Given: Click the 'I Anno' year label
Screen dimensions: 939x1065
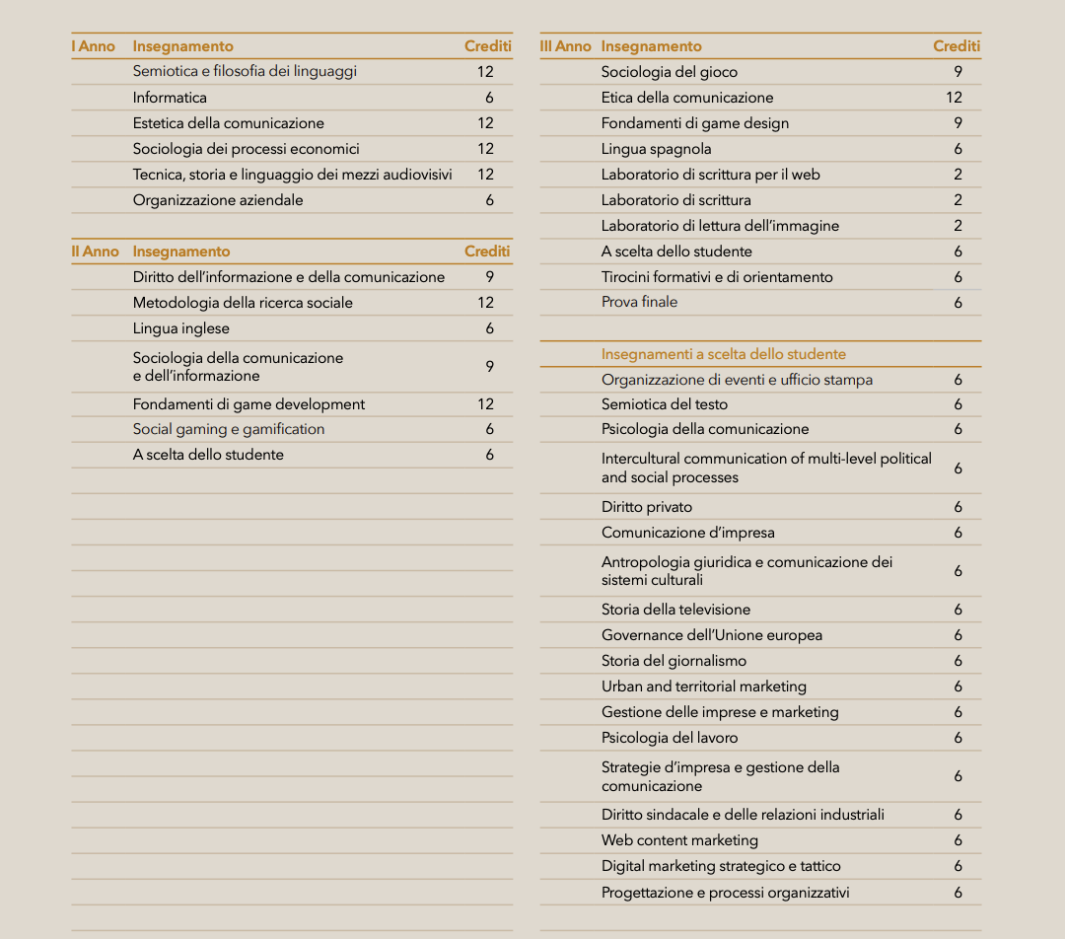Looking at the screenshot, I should (x=93, y=46).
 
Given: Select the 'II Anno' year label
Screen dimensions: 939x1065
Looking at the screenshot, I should (x=95, y=252).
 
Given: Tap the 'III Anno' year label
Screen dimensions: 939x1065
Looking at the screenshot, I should (x=565, y=46).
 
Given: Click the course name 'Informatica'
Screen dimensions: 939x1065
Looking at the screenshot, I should (x=170, y=98).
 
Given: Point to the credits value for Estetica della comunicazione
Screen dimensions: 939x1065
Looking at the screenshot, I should (x=485, y=123).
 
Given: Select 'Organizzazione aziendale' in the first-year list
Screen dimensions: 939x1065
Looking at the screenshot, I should (x=218, y=200).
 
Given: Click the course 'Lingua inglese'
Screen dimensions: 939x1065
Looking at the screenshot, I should (x=181, y=328).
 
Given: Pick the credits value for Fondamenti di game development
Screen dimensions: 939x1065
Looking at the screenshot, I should (x=485, y=404).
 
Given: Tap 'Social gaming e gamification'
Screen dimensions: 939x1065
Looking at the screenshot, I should (x=229, y=429).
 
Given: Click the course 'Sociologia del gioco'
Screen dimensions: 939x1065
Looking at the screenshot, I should (x=670, y=72).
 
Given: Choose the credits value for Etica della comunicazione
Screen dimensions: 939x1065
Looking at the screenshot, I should (x=954, y=98).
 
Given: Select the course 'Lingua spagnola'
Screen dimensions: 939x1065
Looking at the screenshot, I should (x=656, y=149).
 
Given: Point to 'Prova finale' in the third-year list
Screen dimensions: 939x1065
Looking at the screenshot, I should (x=639, y=302).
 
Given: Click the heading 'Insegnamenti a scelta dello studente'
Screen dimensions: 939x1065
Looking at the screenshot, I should (x=724, y=354).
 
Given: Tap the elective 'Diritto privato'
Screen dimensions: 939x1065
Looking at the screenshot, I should (x=647, y=507).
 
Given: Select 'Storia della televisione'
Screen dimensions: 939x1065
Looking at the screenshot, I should (x=675, y=610).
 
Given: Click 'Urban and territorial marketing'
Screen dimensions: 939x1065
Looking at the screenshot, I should (x=704, y=686).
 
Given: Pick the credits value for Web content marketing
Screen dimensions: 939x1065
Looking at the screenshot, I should (x=958, y=840).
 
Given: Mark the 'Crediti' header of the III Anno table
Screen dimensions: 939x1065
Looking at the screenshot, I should (x=957, y=46).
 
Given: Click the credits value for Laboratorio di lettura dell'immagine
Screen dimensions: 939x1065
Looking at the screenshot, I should (x=958, y=226).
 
